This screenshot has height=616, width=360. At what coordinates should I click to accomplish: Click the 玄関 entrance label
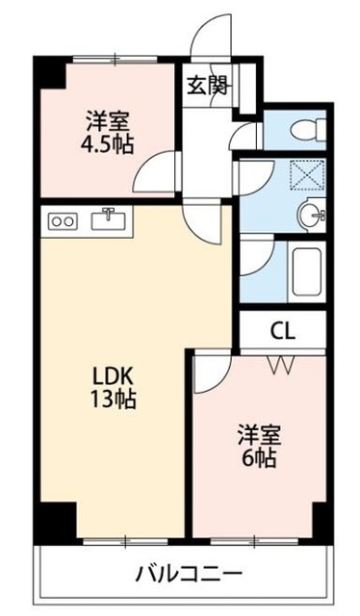[207, 86]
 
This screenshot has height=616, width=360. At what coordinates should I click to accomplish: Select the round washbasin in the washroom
[311, 215]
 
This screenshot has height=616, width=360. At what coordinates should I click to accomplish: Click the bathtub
[306, 271]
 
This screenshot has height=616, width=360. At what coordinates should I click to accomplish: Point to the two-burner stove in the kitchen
[63, 221]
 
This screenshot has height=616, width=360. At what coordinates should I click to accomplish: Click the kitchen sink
[109, 220]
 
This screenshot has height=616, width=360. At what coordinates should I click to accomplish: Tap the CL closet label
[282, 332]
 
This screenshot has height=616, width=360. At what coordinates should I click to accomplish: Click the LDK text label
[114, 377]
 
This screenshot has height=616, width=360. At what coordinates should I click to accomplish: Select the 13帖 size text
[114, 399]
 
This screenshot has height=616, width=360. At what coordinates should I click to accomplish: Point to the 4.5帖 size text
[107, 144]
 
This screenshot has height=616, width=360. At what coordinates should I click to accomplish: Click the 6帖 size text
[258, 457]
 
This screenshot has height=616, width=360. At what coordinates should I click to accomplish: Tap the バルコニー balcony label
[189, 576]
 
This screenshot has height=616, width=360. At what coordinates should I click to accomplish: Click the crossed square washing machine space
[307, 175]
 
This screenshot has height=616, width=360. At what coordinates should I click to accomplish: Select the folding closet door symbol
[282, 365]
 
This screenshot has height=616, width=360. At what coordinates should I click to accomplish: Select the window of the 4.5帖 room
[116, 60]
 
